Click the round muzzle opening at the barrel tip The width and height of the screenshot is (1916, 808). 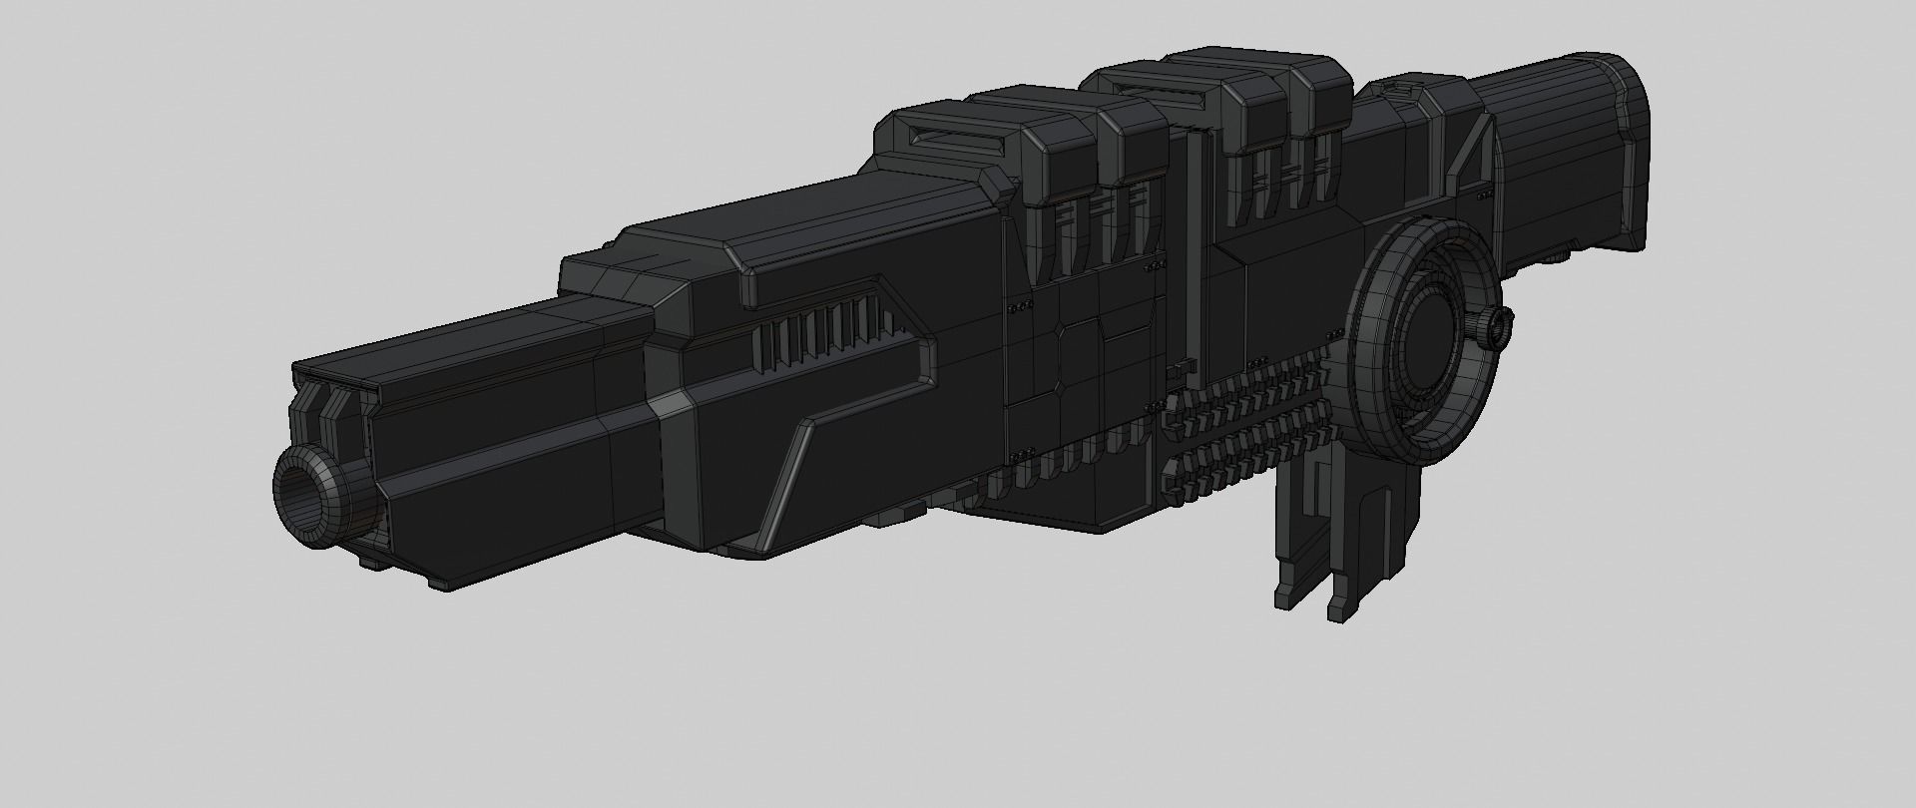tap(304, 492)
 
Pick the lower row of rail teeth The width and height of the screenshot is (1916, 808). tap(1247, 454)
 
